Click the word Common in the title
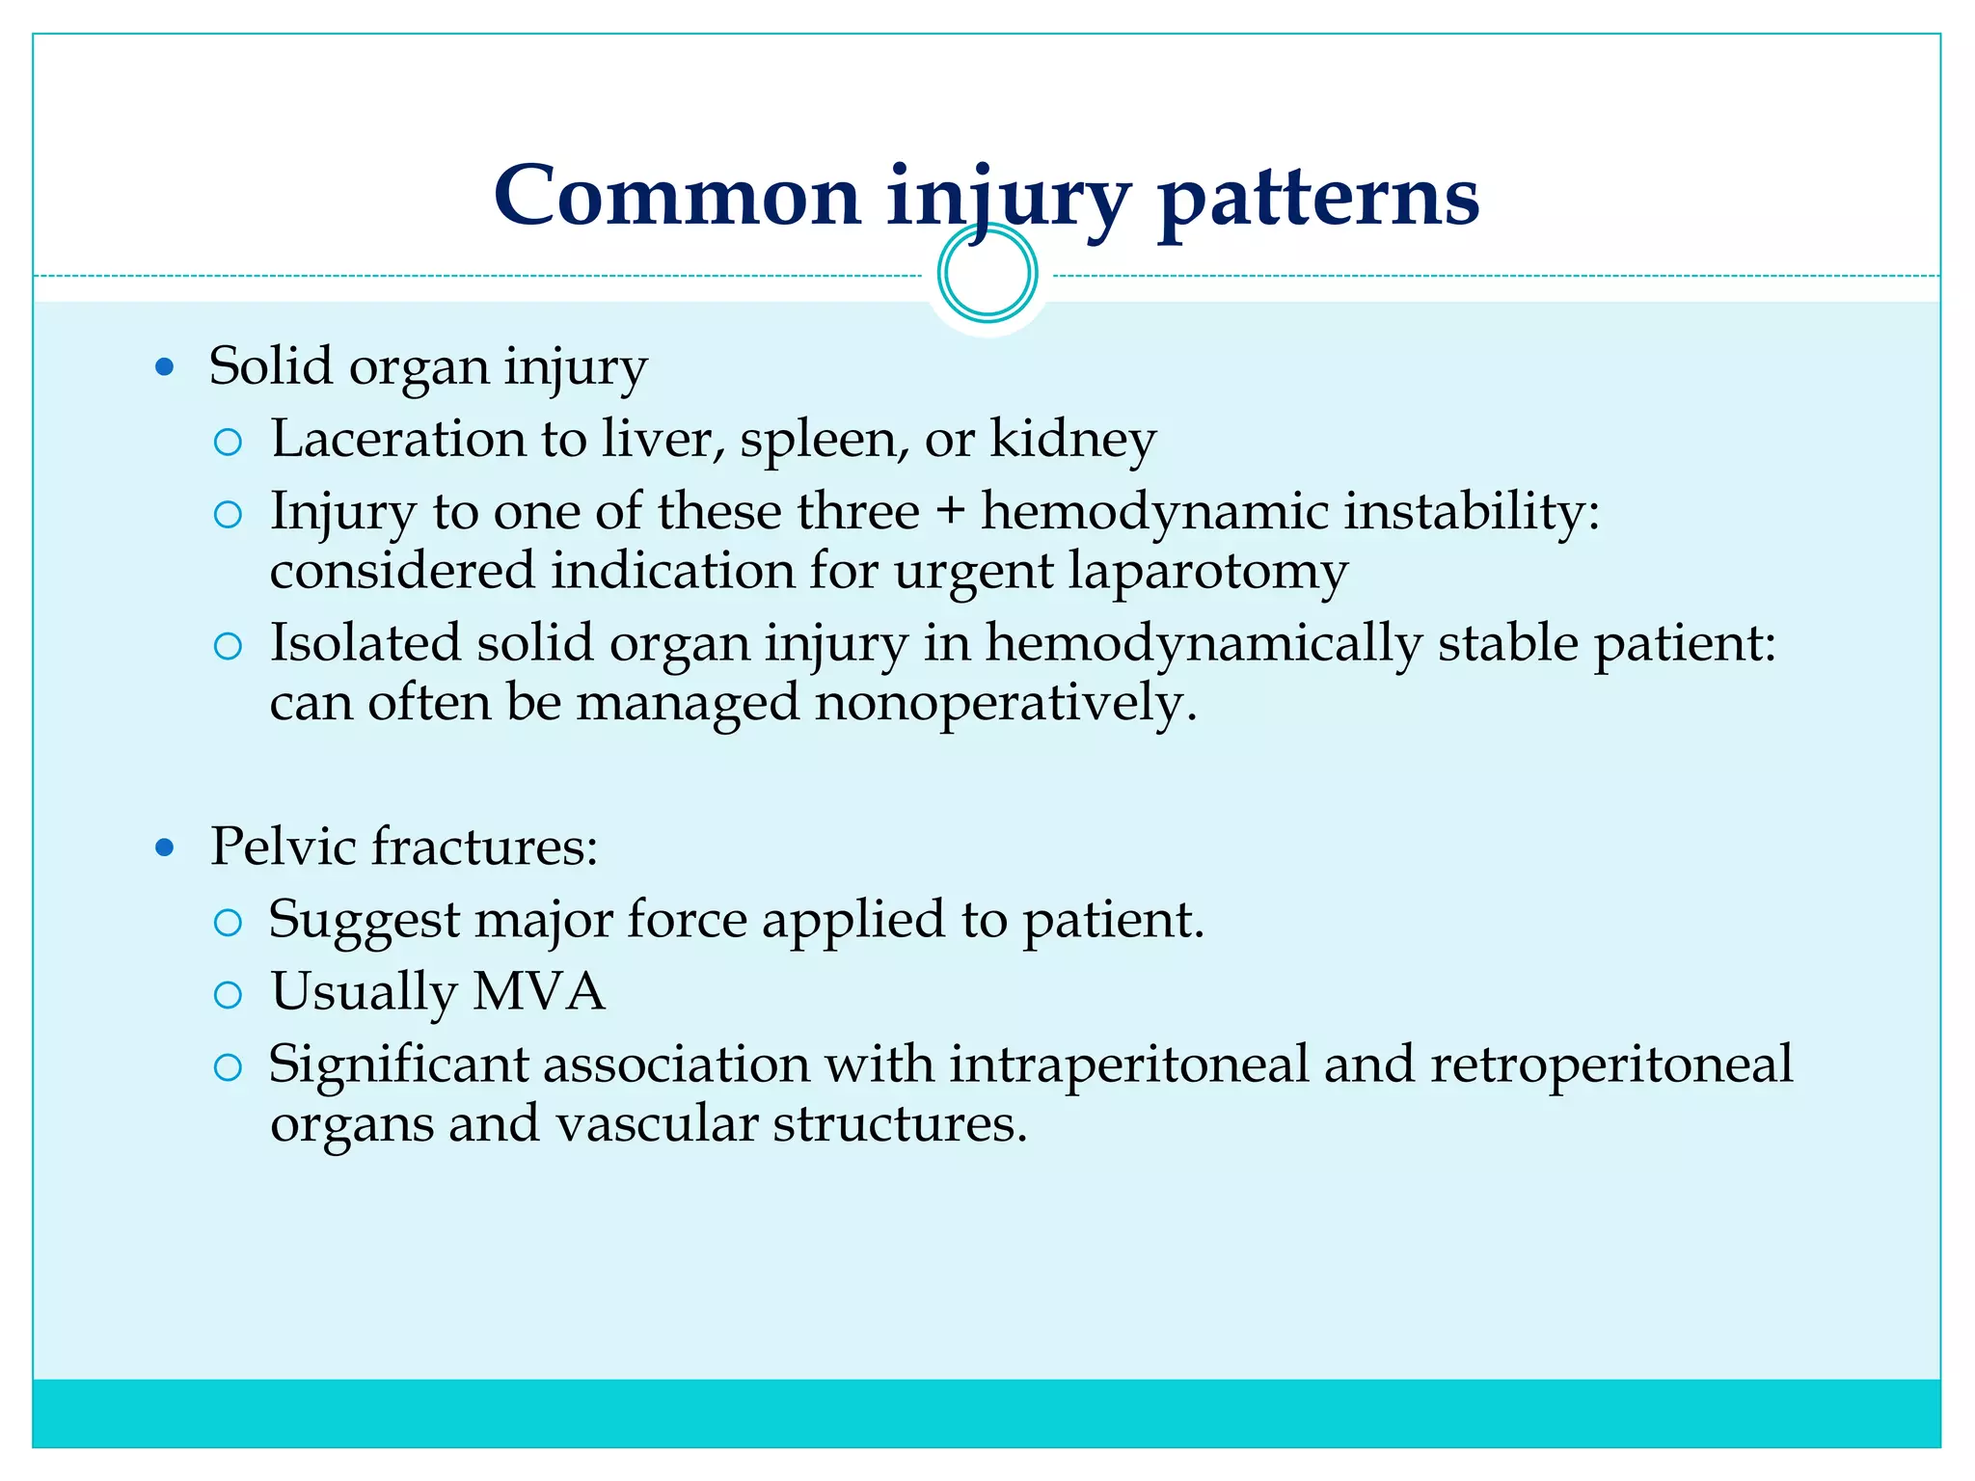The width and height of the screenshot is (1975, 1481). (676, 196)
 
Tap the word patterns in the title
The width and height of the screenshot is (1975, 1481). (1318, 198)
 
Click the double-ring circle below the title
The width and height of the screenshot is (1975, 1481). (987, 274)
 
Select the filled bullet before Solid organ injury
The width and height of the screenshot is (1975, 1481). (165, 367)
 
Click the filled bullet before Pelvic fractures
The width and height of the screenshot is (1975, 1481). (165, 848)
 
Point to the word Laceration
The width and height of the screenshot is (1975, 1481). (397, 439)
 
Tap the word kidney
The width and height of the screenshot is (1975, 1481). (1073, 441)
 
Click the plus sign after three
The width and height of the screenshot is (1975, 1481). (950, 511)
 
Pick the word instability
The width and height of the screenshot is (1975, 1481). (1472, 511)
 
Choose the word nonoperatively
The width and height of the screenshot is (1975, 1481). (1006, 703)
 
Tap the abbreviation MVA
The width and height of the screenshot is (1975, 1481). (538, 992)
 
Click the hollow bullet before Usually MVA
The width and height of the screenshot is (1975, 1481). (228, 995)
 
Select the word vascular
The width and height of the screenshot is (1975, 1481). (656, 1124)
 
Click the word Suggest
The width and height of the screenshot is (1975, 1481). (364, 921)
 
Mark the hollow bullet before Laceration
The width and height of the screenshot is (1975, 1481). (228, 443)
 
